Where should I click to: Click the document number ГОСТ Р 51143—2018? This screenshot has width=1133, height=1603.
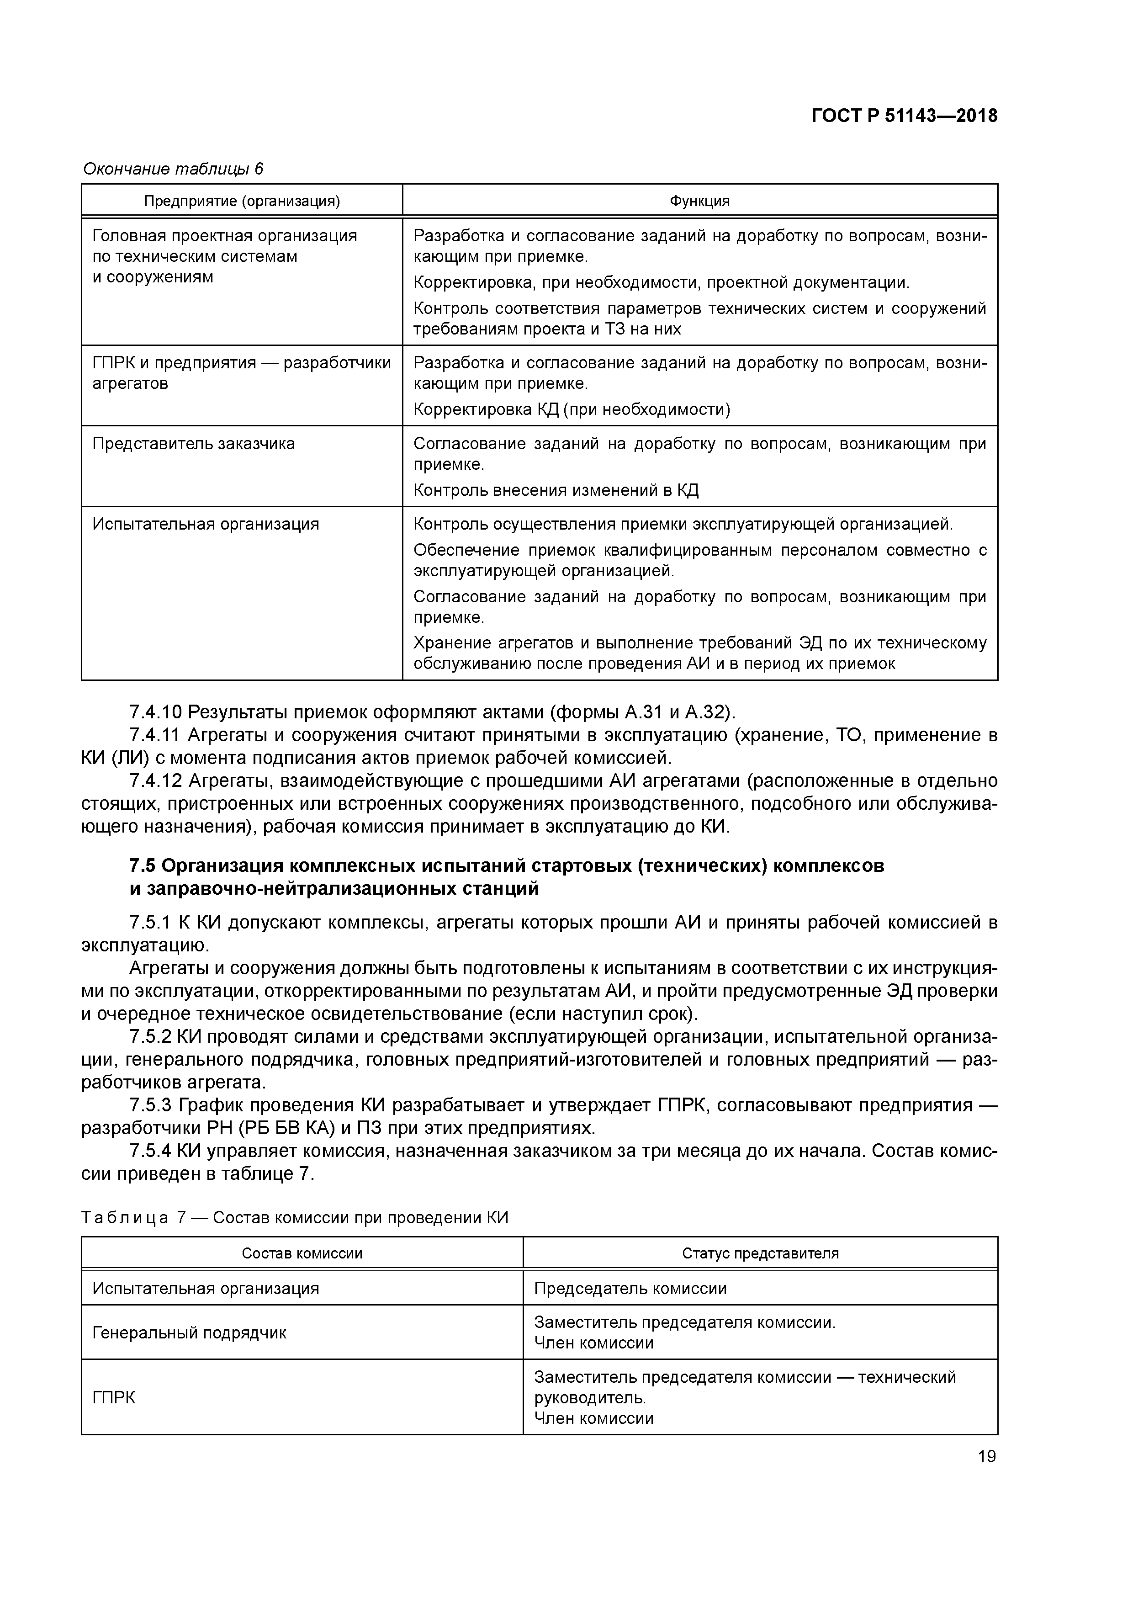[904, 116]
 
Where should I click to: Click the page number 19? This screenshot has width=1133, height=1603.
[986, 1456]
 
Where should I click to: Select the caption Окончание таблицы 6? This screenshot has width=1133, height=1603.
[173, 169]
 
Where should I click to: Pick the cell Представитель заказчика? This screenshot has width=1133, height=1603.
[193, 444]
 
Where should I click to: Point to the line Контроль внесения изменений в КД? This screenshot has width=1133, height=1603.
[556, 491]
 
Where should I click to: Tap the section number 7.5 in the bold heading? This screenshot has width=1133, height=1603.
[143, 866]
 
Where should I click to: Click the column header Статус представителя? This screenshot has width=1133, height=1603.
[760, 1253]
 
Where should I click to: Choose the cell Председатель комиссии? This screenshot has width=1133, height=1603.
[630, 1289]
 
